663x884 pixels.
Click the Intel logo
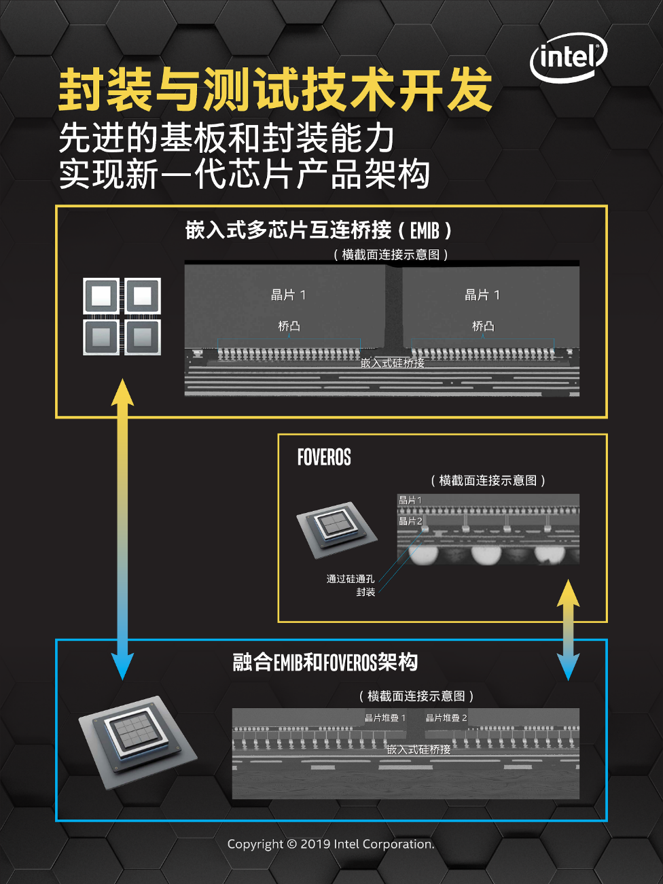point(568,58)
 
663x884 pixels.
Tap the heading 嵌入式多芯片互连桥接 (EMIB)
point(318,230)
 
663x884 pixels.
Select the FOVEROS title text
point(324,457)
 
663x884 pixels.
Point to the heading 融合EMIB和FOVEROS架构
point(325,662)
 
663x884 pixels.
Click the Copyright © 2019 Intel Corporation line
point(331,844)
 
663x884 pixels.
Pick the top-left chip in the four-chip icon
point(101,296)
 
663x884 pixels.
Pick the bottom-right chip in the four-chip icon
point(143,337)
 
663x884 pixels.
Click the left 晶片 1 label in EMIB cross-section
point(288,295)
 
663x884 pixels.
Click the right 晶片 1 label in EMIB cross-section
point(482,295)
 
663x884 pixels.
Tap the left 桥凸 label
point(289,326)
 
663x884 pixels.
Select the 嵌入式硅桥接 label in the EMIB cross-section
point(393,363)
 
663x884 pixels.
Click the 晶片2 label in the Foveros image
point(410,521)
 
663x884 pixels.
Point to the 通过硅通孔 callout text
point(350,579)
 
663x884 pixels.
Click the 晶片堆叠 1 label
point(385,718)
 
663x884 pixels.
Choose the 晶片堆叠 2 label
point(446,718)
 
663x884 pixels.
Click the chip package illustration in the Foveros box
point(336,529)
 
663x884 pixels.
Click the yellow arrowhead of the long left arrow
point(122,392)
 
